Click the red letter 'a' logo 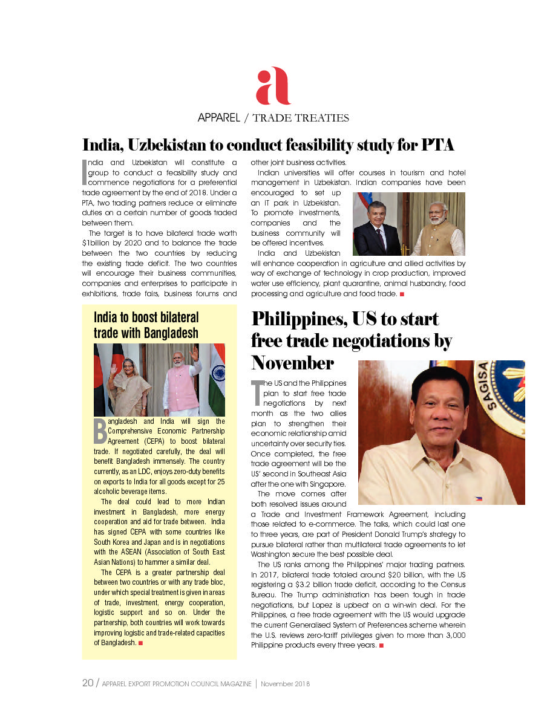(x=273, y=86)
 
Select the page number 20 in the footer (x=88, y=683)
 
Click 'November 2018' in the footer (x=286, y=684)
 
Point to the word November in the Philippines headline (x=292, y=363)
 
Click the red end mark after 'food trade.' (x=402, y=294)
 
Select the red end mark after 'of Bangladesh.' (x=140, y=643)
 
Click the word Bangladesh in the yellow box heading (x=171, y=333)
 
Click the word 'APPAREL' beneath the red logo (x=219, y=117)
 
